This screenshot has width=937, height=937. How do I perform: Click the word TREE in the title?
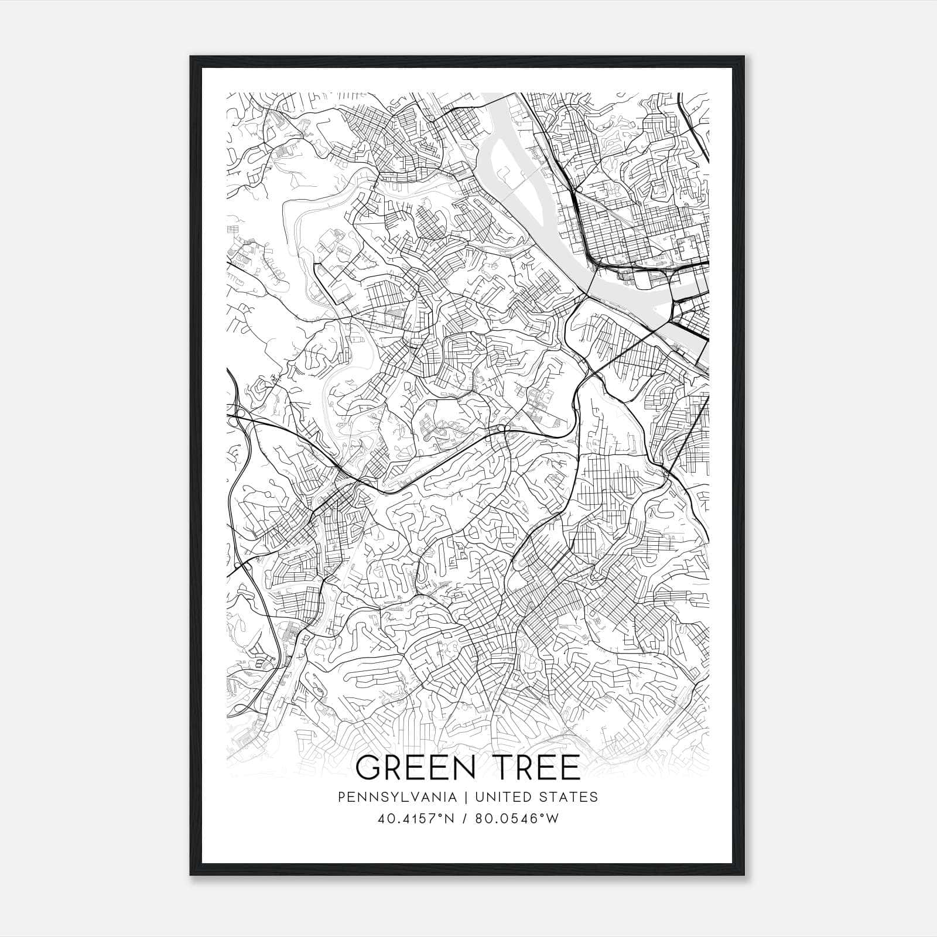pos(533,768)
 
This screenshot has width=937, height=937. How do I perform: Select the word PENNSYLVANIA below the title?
pos(397,797)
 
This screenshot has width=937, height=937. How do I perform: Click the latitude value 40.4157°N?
pos(416,819)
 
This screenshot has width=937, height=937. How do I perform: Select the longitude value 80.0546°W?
pos(517,819)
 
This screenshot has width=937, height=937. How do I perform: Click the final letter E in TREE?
pos(569,768)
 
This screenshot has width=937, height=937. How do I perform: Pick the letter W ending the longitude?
pos(553,819)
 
